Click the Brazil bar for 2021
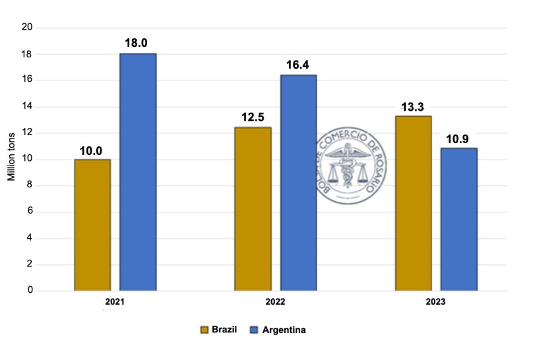click(x=92, y=225)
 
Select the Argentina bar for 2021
click(x=138, y=172)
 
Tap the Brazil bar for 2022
click(x=253, y=209)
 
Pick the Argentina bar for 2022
click(x=298, y=183)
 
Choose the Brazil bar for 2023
click(x=413, y=203)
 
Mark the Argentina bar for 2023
click(x=459, y=220)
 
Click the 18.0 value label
click(x=138, y=43)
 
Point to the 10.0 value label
click(x=91, y=150)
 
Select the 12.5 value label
click(x=253, y=117)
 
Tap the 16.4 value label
click(x=298, y=65)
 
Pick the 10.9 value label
click(x=458, y=138)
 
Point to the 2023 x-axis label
click(x=435, y=302)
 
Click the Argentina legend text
click(x=284, y=330)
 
